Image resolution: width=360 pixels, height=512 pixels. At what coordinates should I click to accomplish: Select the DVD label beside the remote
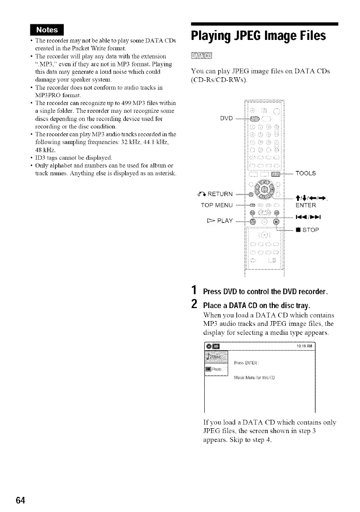[x=228, y=118]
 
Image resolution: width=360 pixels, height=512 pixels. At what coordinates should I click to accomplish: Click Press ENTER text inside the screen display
[x=246, y=363]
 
